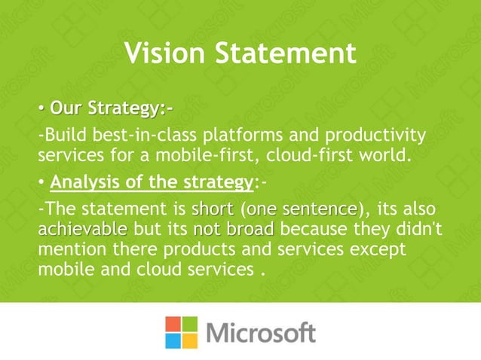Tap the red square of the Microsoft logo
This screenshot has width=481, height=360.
174,325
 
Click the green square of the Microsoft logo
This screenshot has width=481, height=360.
190,325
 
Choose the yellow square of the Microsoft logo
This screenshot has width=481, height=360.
190,340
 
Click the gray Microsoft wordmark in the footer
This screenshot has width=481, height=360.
260,333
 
